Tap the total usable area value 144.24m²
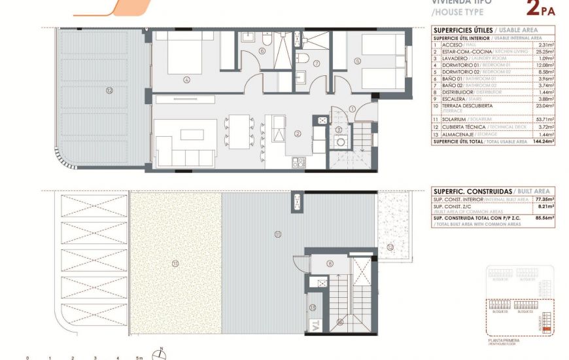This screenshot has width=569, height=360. pos(543,141)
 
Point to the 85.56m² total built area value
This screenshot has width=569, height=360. pos(544,217)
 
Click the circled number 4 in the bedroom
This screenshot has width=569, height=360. pos(186,81)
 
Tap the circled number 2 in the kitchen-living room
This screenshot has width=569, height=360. pos(298,134)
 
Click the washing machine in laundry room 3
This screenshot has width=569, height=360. pos(322,120)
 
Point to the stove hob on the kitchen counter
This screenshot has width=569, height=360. pos(298,161)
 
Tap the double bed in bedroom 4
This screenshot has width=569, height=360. pos(187,52)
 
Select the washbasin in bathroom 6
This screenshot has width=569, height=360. pos(249,38)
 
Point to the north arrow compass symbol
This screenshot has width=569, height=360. pos(160,354)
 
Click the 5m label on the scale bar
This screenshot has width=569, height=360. pos(139,358)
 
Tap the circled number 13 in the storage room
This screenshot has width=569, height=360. pos(313,307)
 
